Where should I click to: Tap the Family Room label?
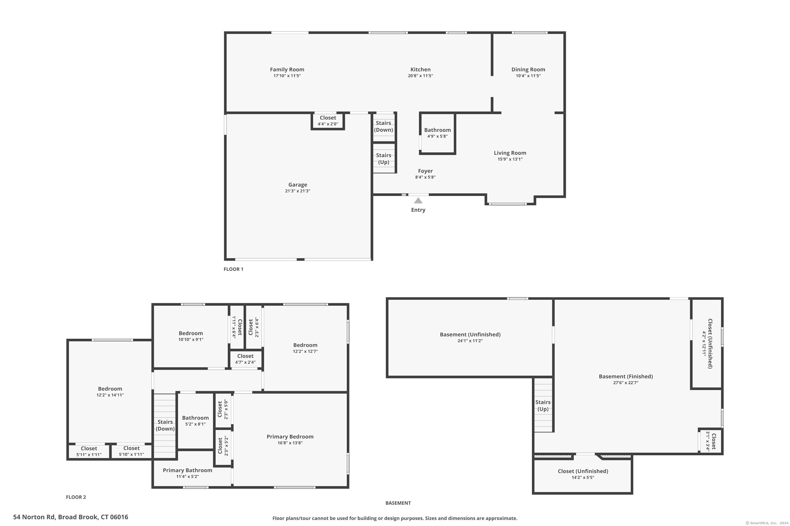click(287, 69)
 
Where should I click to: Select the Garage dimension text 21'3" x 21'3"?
click(298, 191)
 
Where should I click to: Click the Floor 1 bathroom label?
click(437, 130)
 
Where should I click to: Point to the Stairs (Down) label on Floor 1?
click(384, 127)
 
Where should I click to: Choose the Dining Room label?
click(528, 69)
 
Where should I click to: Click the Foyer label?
click(425, 171)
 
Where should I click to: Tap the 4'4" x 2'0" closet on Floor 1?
click(328, 121)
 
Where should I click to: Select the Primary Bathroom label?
click(187, 470)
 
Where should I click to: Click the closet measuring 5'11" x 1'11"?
click(89, 452)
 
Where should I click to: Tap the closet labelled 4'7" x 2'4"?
click(245, 359)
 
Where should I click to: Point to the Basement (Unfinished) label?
click(470, 335)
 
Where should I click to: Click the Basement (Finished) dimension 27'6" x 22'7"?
click(626, 383)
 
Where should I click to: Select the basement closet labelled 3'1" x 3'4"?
click(711, 441)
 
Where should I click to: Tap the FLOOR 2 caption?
click(76, 497)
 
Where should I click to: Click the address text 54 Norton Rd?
click(34, 517)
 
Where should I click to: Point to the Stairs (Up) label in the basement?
click(543, 406)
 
